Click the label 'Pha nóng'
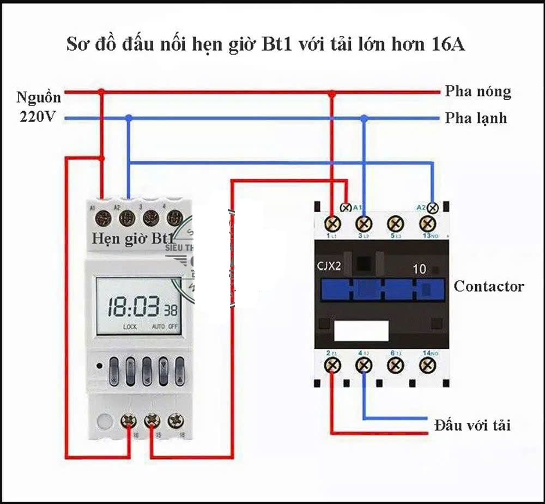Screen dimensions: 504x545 click(x=478, y=91)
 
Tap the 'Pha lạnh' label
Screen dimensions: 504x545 click(x=476, y=118)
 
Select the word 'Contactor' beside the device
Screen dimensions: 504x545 click(x=488, y=287)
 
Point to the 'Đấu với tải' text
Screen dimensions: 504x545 click(x=472, y=425)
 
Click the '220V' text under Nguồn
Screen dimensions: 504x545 click(x=38, y=116)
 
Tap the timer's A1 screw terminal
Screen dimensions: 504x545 click(x=102, y=218)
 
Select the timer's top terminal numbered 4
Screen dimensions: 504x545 click(x=174, y=218)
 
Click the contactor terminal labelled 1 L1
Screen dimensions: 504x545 click(x=332, y=223)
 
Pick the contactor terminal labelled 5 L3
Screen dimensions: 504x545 click(x=395, y=223)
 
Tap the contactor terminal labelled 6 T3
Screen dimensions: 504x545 click(x=395, y=365)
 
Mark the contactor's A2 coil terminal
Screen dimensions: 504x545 click(x=433, y=208)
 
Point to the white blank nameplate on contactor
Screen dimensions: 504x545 click(x=361, y=331)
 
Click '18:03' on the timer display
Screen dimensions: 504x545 click(x=133, y=308)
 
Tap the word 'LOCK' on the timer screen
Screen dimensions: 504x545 click(x=130, y=327)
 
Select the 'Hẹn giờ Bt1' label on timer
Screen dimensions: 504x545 click(x=132, y=238)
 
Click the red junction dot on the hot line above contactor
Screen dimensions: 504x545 click(x=332, y=94)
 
